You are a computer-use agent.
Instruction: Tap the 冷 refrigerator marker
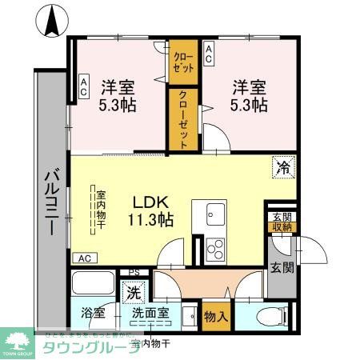[x=282, y=168]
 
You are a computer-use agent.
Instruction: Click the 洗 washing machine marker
[x=131, y=293]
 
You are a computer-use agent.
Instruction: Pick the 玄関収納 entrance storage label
[x=282, y=224]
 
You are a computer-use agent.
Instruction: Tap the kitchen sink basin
[x=216, y=214]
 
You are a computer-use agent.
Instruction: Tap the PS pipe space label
[x=134, y=272]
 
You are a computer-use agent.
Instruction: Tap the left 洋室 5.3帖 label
[x=118, y=96]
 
